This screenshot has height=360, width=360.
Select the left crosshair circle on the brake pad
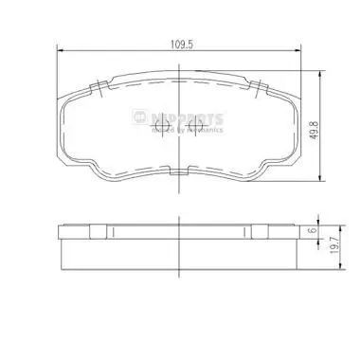point(158,123)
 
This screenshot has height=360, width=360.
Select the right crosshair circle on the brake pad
point(197,123)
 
